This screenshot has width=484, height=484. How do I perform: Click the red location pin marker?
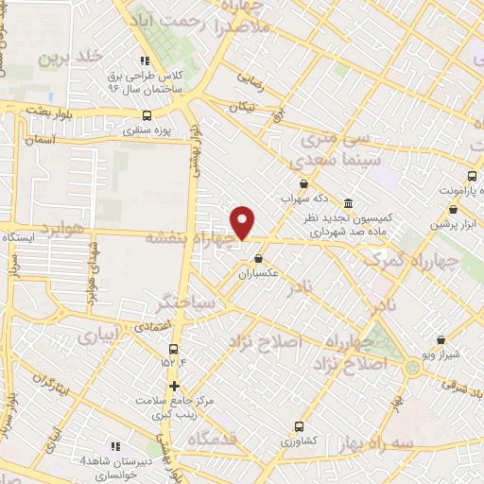(244, 222)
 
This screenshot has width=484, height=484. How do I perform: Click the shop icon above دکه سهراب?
(302, 183)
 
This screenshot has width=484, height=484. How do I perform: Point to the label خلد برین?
(69, 59)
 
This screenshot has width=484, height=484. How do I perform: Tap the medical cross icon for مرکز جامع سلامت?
(174, 386)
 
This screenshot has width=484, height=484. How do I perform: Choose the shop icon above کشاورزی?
(299, 426)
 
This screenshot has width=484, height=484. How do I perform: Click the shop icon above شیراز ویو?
(441, 339)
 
